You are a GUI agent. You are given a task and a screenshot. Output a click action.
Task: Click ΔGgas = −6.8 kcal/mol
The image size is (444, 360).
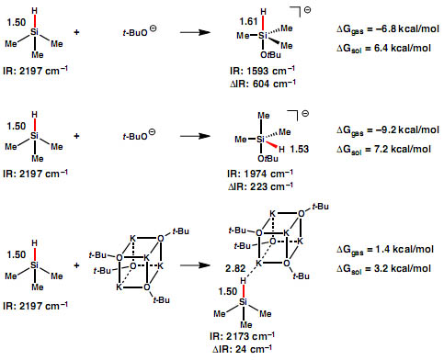coord(387,31)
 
